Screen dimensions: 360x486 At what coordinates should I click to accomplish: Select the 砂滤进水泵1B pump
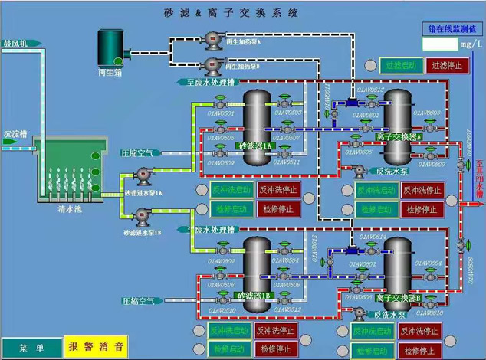143,218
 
